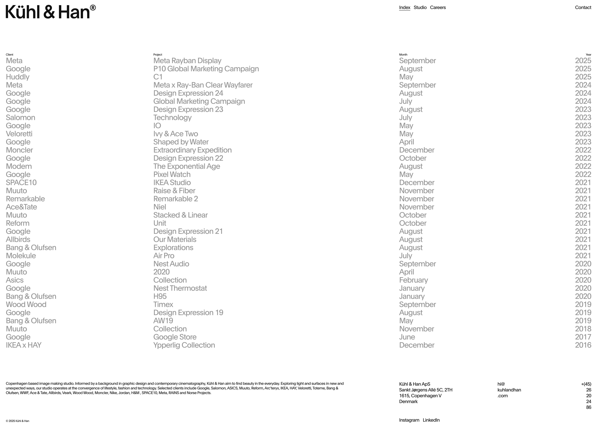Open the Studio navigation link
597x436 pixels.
420,7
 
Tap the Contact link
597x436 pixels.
583,7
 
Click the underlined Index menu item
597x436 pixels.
404,7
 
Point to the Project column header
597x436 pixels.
158,55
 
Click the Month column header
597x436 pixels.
403,55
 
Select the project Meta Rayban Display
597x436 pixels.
187,61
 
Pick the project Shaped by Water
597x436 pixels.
181,142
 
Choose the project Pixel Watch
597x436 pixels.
172,174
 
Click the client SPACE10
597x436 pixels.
21,183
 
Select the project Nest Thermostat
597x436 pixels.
180,288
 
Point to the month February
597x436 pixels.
413,280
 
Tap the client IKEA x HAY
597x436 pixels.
24,345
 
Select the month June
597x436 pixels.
407,337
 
